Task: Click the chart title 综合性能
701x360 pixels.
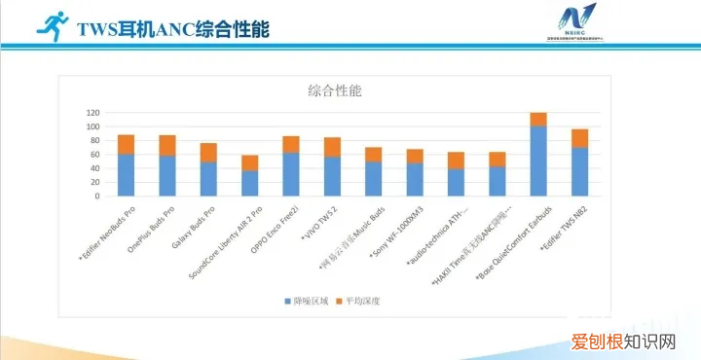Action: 334,91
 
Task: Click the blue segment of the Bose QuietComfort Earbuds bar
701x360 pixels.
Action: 538,161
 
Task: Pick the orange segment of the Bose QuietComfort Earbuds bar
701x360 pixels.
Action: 538,119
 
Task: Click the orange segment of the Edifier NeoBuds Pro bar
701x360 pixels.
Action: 126,144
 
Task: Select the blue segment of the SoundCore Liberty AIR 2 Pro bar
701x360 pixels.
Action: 249,183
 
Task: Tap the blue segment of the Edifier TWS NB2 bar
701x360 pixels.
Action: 579,171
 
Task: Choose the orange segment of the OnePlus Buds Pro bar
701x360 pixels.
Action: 167,145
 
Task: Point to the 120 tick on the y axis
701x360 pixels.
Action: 93,113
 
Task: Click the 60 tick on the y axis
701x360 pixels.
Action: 95,155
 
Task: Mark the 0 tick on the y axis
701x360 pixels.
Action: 98,196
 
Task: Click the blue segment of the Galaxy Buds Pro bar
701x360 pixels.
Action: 208,178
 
